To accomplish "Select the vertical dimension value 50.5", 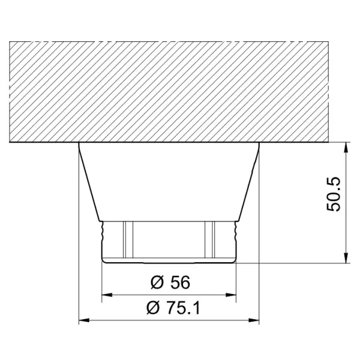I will tap(333, 193).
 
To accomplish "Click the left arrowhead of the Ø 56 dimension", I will tap(107, 295).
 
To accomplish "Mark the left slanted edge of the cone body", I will tap(89, 182).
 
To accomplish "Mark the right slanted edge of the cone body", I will tap(250, 182).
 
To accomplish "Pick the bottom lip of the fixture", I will tap(169, 260).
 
